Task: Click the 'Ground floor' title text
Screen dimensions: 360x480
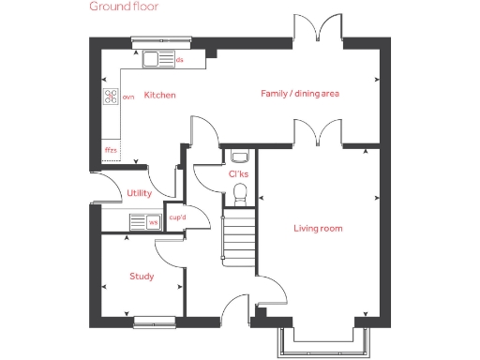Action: pyautogui.click(x=124, y=7)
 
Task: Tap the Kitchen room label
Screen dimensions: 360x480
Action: pyautogui.click(x=159, y=96)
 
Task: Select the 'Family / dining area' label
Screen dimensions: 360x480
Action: pyautogui.click(x=299, y=94)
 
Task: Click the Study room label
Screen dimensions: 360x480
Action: pyautogui.click(x=142, y=277)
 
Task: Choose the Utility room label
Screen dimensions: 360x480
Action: pyautogui.click(x=139, y=194)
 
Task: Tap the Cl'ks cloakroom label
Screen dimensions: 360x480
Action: pyautogui.click(x=238, y=173)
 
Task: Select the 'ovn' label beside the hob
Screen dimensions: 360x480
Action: pyautogui.click(x=128, y=96)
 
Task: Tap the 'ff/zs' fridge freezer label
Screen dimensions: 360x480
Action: pyautogui.click(x=111, y=149)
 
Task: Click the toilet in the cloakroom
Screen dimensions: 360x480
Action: pyautogui.click(x=240, y=193)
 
